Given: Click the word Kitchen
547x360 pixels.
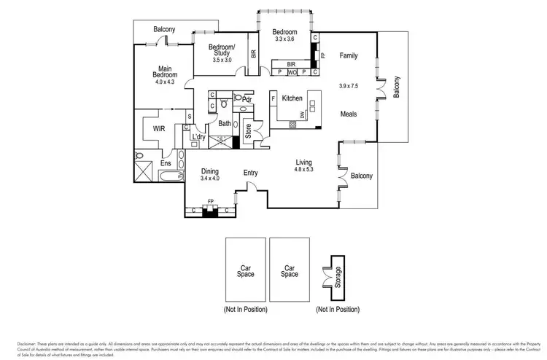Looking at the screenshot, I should [x=292, y=98].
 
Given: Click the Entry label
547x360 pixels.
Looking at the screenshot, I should [x=251, y=173].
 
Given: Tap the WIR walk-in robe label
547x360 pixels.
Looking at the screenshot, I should [x=160, y=129].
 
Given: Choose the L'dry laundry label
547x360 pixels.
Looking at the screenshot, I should [x=198, y=137].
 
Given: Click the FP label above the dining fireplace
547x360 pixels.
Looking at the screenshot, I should [x=210, y=200].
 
